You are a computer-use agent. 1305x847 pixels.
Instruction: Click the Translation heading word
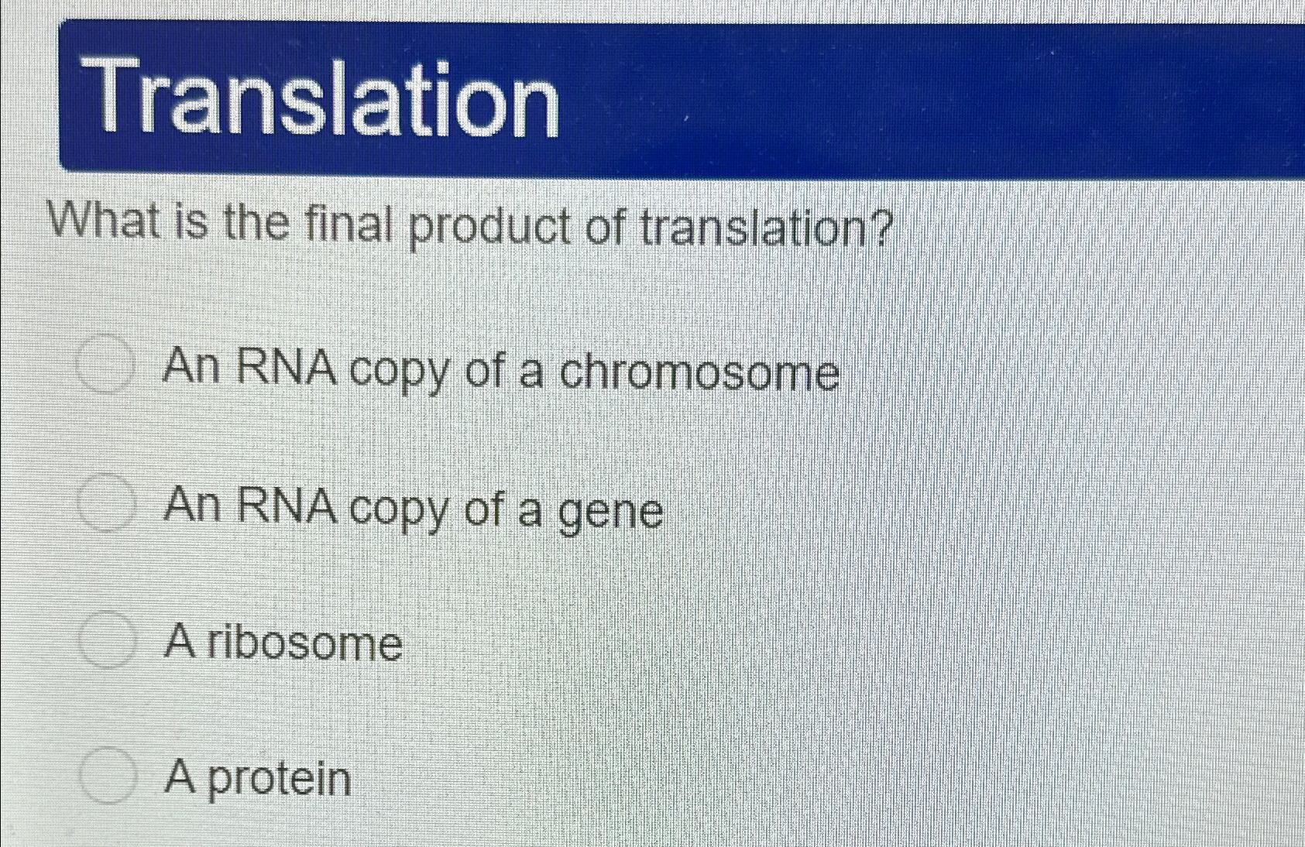click(325, 99)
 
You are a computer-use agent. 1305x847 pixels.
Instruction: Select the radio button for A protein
click(107, 775)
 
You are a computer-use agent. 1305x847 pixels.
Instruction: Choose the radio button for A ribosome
click(107, 640)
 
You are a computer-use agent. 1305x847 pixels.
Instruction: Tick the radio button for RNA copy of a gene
click(107, 504)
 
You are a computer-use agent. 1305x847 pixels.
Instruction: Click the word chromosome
click(699, 372)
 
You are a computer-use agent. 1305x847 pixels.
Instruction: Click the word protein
click(279, 779)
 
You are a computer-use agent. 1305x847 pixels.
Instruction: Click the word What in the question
click(107, 221)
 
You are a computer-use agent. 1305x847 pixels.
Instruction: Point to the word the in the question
click(256, 223)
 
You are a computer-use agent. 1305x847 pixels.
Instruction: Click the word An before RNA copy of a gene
click(192, 506)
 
